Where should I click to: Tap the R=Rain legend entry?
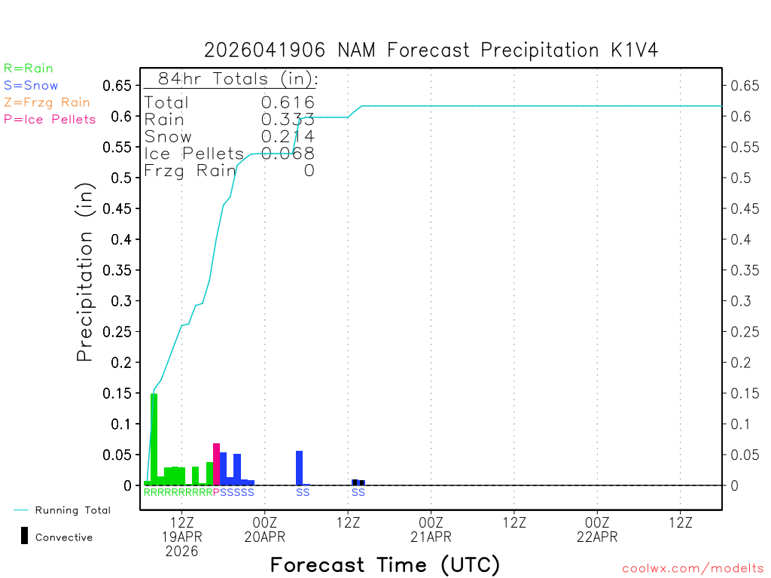[x=29, y=68]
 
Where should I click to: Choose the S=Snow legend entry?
[x=31, y=86]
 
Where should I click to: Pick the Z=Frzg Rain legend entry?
[x=47, y=102]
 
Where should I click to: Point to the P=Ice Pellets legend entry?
[x=50, y=119]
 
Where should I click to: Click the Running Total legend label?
[x=72, y=510]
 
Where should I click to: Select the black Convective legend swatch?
[x=25, y=536]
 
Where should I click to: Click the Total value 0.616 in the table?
[x=288, y=102]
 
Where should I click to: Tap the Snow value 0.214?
[x=288, y=136]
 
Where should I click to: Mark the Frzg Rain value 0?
[x=309, y=171]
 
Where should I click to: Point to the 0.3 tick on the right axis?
[x=742, y=301]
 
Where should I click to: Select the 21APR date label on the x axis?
[x=431, y=537]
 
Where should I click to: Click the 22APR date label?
[x=597, y=537]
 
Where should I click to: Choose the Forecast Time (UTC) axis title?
[x=385, y=564]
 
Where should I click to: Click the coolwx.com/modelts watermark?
[x=693, y=569]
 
